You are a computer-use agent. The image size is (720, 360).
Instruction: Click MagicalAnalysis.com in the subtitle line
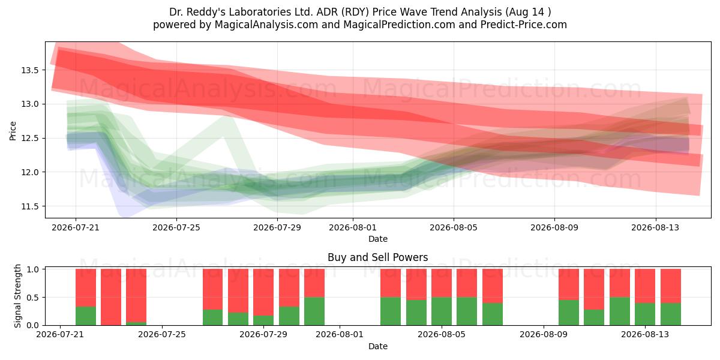pyautogui.click(x=266, y=25)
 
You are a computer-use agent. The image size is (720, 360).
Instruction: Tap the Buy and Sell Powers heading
pyautogui.click(x=377, y=257)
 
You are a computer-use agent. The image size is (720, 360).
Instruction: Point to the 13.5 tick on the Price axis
pyautogui.click(x=30, y=70)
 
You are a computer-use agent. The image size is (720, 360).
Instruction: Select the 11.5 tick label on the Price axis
pyautogui.click(x=30, y=206)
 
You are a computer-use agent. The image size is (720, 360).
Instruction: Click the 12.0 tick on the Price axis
pyautogui.click(x=30, y=172)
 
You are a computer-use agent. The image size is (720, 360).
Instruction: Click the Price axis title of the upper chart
pyautogui.click(x=13, y=131)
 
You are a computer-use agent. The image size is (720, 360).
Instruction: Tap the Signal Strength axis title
pyautogui.click(x=17, y=296)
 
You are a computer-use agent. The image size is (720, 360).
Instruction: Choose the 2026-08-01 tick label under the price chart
pyautogui.click(x=353, y=227)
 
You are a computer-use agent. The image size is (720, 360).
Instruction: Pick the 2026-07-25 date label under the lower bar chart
pyautogui.click(x=162, y=334)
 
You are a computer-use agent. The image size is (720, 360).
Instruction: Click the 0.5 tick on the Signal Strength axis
pyautogui.click(x=32, y=298)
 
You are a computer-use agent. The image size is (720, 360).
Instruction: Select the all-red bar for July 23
pyautogui.click(x=111, y=297)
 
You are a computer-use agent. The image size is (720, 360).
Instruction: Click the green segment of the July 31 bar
pyautogui.click(x=314, y=311)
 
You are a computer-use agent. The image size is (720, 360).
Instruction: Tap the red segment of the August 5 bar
pyautogui.click(x=442, y=283)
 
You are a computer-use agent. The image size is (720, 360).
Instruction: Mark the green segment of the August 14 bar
pyautogui.click(x=671, y=314)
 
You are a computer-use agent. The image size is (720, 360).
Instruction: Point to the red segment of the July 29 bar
pyautogui.click(x=263, y=292)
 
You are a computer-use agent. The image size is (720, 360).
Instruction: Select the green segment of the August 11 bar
pyautogui.click(x=594, y=317)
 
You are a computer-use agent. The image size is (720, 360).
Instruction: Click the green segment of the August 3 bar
pyautogui.click(x=391, y=311)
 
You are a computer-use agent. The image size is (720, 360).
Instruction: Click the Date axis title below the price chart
pyautogui.click(x=377, y=239)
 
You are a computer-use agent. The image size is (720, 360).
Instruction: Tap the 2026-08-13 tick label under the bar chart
pyautogui.click(x=645, y=334)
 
